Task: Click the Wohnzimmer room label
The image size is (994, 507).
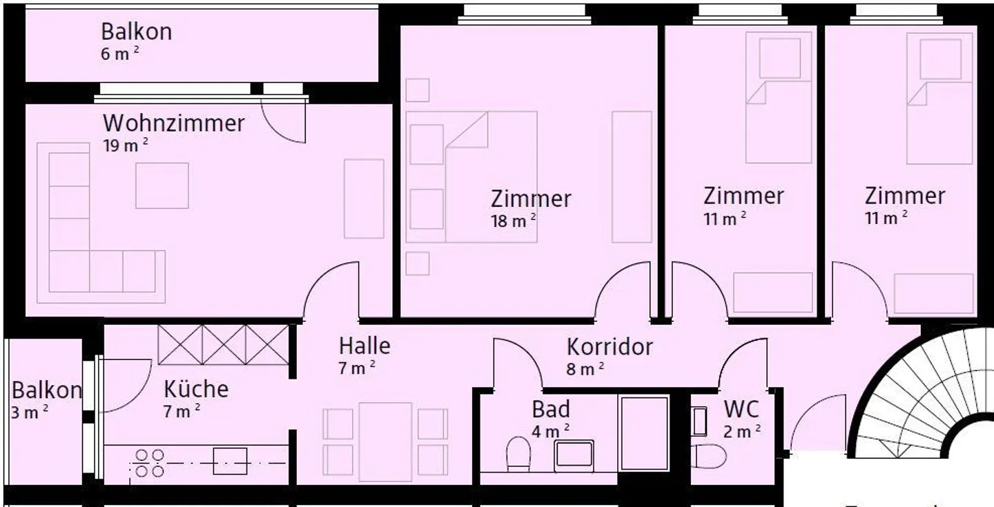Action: [173, 123]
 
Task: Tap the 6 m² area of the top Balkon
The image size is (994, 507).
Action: [120, 54]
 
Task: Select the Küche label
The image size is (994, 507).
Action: [196, 389]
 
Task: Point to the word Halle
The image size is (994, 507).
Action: [364, 346]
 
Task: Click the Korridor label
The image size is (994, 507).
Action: [610, 347]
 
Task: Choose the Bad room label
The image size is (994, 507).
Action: [551, 409]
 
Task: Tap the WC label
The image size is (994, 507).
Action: [741, 409]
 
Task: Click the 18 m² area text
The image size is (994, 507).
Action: [514, 221]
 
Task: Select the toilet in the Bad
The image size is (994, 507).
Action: [518, 454]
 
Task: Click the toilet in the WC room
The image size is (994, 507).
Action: [709, 457]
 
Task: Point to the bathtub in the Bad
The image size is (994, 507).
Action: [644, 433]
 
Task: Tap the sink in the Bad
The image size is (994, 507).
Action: [574, 455]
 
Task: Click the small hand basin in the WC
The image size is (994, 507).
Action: [699, 421]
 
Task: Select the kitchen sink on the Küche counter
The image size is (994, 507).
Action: [230, 461]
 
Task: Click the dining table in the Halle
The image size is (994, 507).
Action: [385, 441]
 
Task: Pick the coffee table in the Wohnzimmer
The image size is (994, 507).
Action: [162, 186]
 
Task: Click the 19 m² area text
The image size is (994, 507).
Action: [126, 145]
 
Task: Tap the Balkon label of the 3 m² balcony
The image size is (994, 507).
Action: [47, 390]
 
